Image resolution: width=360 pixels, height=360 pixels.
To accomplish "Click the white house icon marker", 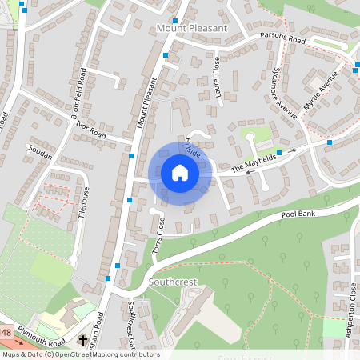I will (x=179, y=173).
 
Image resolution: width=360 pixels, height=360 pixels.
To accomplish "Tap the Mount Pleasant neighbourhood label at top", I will (x=191, y=28).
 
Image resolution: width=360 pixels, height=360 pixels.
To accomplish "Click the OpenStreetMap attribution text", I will (x=80, y=354).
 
